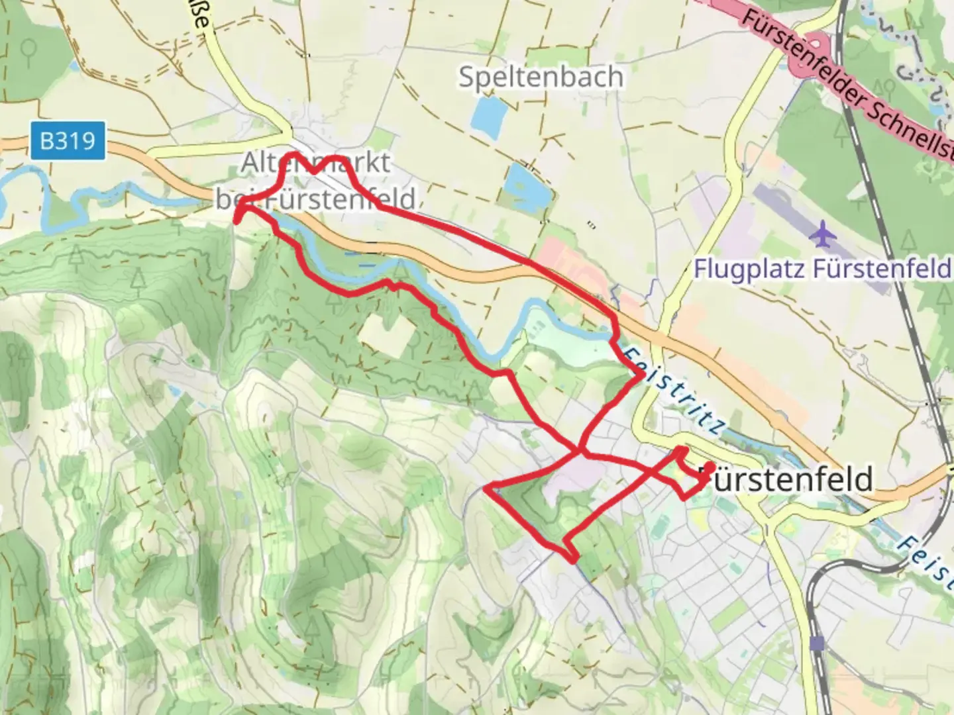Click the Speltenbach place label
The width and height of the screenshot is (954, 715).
click(x=541, y=77)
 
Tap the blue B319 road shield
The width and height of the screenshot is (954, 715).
click(x=67, y=140)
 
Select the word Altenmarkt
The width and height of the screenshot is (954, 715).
click(x=315, y=162)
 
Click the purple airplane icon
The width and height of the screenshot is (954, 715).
click(x=823, y=234)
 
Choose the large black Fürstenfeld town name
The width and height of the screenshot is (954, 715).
click(x=788, y=479)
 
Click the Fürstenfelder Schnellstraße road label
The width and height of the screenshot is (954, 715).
click(x=848, y=83)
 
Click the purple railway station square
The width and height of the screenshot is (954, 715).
click(x=817, y=643)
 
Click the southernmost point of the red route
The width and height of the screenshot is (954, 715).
click(x=574, y=562)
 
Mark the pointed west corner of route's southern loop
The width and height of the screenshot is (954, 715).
click(x=487, y=489)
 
